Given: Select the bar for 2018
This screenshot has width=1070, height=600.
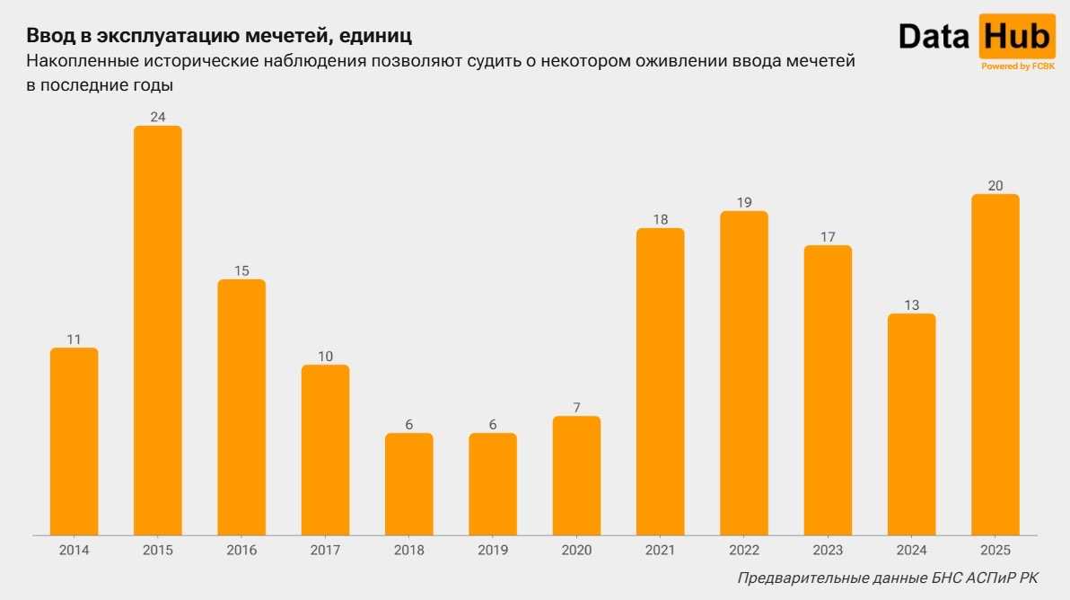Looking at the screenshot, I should (409, 484).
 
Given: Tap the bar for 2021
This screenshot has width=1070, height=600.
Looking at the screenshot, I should (661, 382).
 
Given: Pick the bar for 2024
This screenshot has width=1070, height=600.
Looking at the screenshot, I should (911, 424).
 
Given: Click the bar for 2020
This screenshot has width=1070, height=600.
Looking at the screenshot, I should (576, 475).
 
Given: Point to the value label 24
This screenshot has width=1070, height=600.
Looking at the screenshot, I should (158, 117).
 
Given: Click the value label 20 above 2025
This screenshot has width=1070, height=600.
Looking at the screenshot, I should (995, 185).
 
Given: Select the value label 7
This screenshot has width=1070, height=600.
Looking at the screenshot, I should (576, 407).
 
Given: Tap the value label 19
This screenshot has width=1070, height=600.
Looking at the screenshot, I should (744, 202).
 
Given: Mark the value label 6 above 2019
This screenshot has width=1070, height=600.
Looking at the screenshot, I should (493, 424).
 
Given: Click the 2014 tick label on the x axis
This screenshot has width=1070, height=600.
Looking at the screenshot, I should (74, 550).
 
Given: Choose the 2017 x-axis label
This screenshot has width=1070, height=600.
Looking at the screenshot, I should (325, 550).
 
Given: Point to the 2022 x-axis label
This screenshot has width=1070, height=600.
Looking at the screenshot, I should (744, 550).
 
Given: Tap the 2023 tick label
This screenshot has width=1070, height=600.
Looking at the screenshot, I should (828, 550).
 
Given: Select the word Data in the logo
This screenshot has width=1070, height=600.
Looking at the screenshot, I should (934, 38).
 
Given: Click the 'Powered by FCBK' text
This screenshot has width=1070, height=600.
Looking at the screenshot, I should (1018, 66).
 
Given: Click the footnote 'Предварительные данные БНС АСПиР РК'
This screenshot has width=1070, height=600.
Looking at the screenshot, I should (888, 578).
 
